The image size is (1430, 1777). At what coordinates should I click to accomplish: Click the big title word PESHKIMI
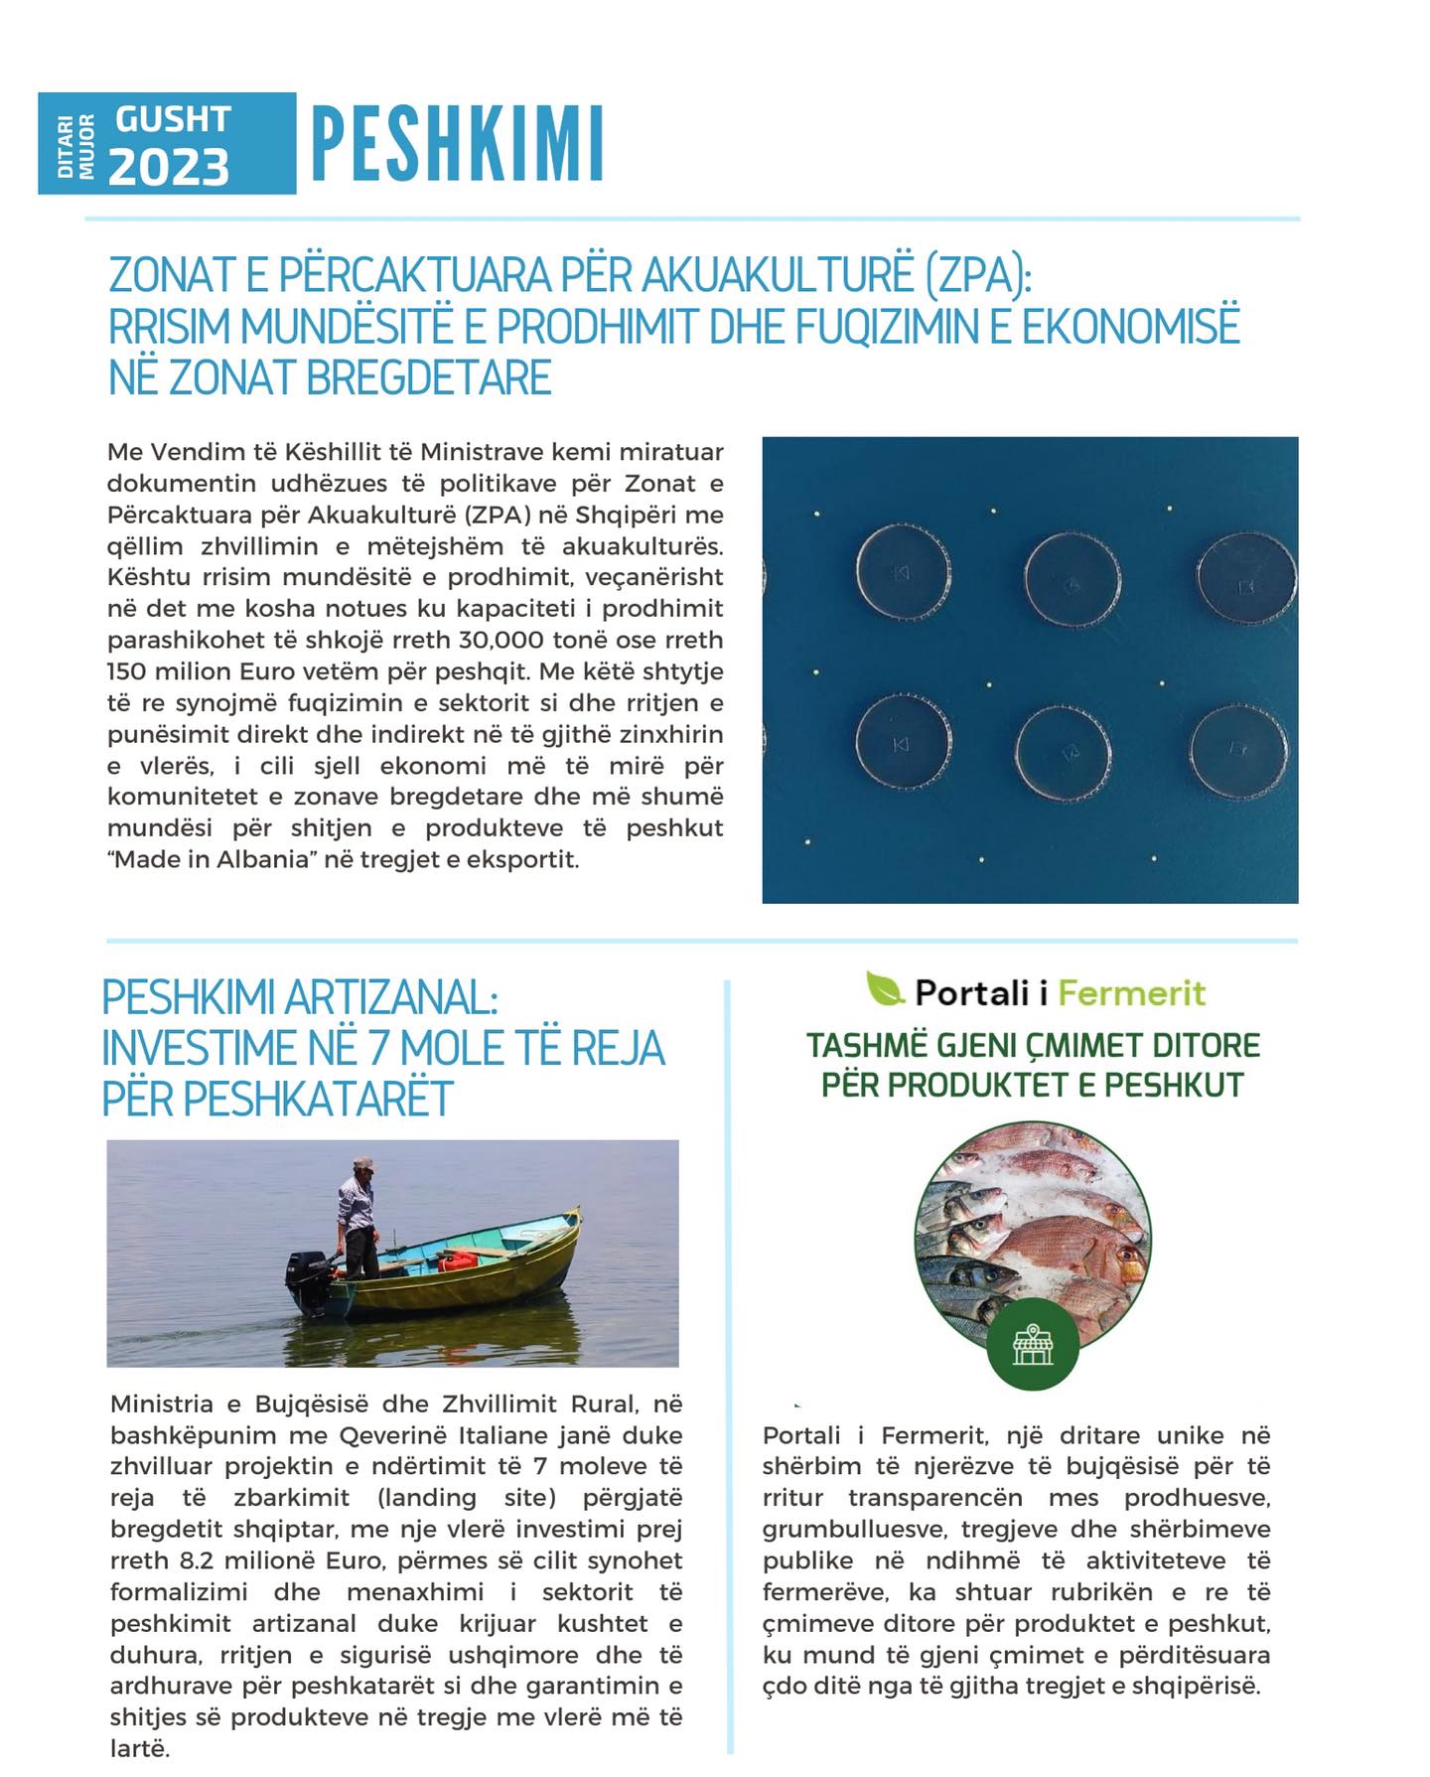(458, 145)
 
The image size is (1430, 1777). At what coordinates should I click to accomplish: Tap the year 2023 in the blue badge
(169, 166)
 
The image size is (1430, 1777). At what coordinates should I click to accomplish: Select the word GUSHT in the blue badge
(173, 119)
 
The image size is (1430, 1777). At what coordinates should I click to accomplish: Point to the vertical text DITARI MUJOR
(75, 145)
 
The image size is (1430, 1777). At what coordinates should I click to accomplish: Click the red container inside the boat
(458, 1261)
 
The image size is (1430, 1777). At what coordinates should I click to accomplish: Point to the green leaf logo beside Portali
(885, 989)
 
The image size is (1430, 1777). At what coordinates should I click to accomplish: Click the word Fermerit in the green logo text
(1131, 992)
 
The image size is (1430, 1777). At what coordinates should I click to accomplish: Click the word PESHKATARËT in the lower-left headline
(277, 1099)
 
